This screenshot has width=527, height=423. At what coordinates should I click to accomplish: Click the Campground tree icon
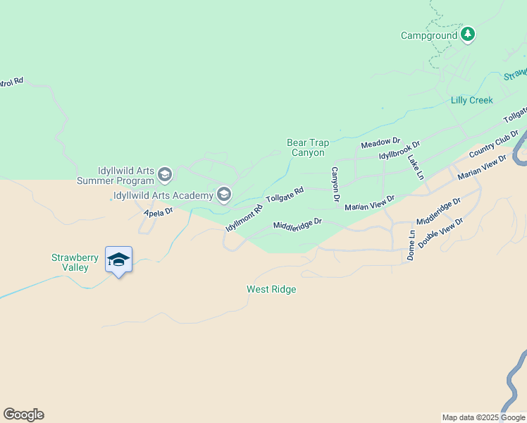tap(468, 35)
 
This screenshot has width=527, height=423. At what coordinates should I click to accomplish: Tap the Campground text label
tap(430, 35)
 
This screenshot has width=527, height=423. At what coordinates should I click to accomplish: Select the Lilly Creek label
tap(471, 100)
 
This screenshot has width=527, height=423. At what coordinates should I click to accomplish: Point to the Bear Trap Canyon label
tap(308, 147)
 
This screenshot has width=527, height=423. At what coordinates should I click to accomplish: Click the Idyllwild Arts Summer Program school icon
tap(165, 174)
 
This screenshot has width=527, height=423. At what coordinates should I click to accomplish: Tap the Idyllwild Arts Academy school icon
tap(224, 195)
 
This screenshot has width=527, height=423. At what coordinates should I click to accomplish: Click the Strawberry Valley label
tap(70, 262)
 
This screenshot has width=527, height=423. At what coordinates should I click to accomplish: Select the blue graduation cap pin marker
tap(118, 260)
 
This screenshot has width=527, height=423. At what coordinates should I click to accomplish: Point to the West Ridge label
tap(271, 289)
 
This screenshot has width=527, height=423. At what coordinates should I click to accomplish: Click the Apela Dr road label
tap(158, 211)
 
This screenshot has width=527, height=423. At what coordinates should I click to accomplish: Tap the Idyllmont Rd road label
tap(244, 219)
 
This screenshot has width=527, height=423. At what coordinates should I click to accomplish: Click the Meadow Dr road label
tap(380, 143)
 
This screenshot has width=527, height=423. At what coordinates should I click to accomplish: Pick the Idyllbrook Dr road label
tap(399, 151)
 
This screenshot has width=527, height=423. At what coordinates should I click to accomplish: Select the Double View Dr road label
tap(440, 233)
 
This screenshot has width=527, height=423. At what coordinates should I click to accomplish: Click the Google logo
tap(23, 415)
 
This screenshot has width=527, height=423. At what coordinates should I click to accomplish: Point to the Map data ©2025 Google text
tap(483, 417)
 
